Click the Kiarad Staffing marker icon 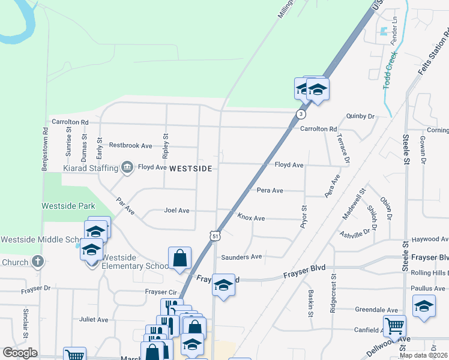[127, 167]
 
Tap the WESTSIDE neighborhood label [191, 169]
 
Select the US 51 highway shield [214, 236]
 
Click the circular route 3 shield [301, 114]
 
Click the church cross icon [38, 262]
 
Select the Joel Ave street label [176, 211]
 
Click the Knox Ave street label [251, 217]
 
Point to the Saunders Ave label [241, 256]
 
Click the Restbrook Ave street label [130, 145]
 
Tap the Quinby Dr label [360, 116]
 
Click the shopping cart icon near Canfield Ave [394, 326]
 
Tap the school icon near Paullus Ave [424, 307]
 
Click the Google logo [20, 353]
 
